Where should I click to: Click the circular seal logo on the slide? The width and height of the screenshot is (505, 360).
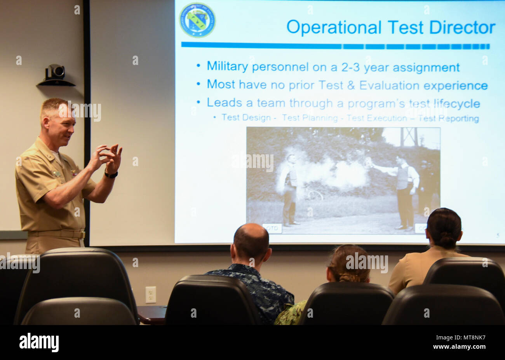click(x=197, y=20)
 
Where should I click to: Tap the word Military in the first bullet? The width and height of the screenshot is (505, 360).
click(x=227, y=66)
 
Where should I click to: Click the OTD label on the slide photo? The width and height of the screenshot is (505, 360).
click(x=272, y=228)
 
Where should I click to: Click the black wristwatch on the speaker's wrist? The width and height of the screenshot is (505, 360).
click(x=111, y=175)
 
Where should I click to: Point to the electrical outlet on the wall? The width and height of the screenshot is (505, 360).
click(x=150, y=295)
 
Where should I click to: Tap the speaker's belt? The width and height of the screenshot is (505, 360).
click(x=57, y=234)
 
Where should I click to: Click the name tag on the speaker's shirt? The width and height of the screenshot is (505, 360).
click(x=57, y=174)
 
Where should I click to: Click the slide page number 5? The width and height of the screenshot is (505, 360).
click(x=498, y=235)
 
